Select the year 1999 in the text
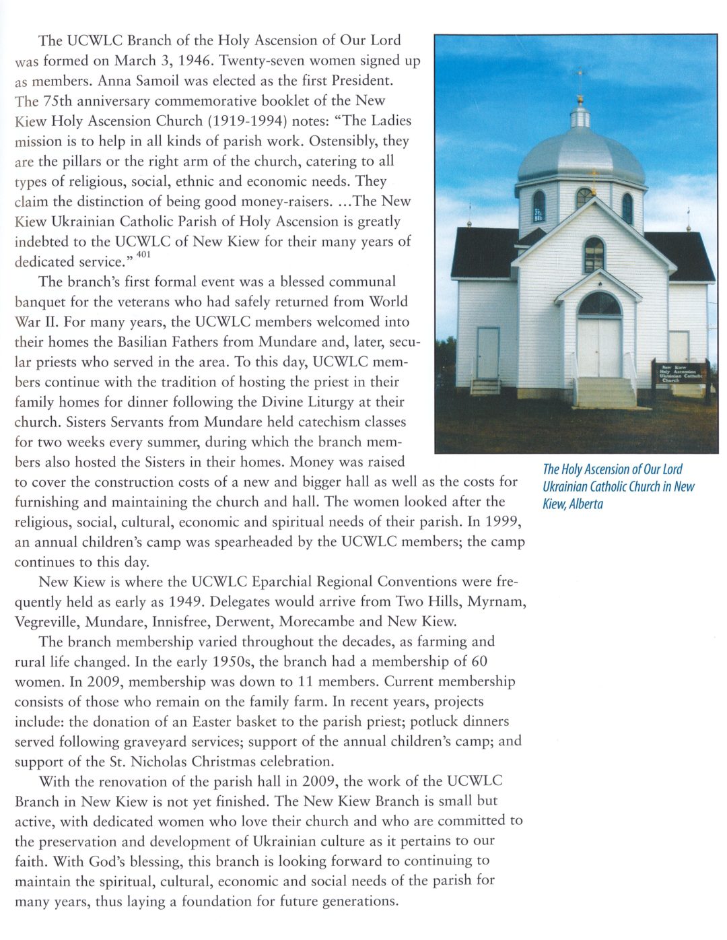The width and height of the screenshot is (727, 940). point(503,522)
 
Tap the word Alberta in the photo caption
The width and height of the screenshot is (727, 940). point(586,504)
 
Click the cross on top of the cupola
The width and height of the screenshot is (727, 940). point(580,75)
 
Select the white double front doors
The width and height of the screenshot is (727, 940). point(599,347)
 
